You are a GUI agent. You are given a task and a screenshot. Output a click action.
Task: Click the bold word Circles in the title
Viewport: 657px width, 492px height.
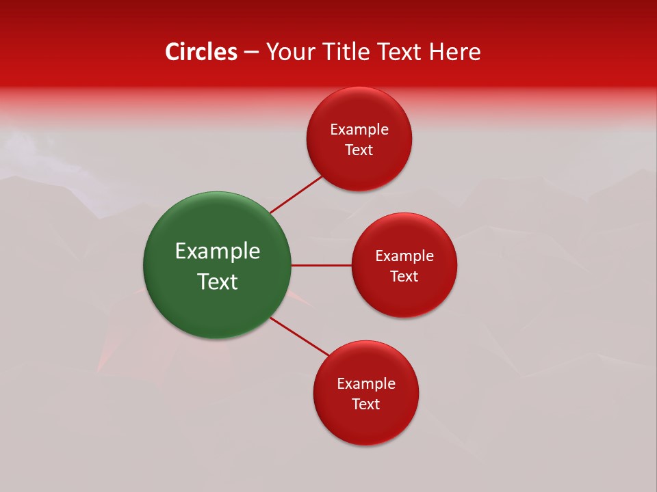(201, 52)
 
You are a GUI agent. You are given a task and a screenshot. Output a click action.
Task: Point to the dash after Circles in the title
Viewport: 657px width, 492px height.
(251, 53)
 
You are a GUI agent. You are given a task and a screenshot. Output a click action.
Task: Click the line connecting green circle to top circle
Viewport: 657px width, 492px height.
(296, 194)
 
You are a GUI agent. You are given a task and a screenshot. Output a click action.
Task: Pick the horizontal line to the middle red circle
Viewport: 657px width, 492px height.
(321, 265)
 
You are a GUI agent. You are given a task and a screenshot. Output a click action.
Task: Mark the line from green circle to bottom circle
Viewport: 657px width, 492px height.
(299, 336)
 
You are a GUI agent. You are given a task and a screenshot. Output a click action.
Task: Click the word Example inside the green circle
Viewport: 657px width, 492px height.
(218, 251)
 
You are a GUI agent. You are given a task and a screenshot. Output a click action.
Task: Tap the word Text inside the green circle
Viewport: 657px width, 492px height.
(218, 282)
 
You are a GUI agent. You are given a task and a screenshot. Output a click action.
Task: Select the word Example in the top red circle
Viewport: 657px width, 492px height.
(359, 130)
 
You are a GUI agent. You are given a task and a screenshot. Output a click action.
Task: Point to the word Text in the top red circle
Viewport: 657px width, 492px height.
(359, 150)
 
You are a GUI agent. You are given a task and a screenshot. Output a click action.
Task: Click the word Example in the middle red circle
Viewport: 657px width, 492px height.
(404, 256)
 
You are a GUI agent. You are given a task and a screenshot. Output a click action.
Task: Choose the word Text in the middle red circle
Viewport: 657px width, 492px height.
(404, 277)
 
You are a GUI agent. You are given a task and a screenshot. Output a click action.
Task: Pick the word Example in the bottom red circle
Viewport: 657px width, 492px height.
(366, 384)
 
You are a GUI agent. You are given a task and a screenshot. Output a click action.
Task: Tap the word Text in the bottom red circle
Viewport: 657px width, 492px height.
(366, 405)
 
